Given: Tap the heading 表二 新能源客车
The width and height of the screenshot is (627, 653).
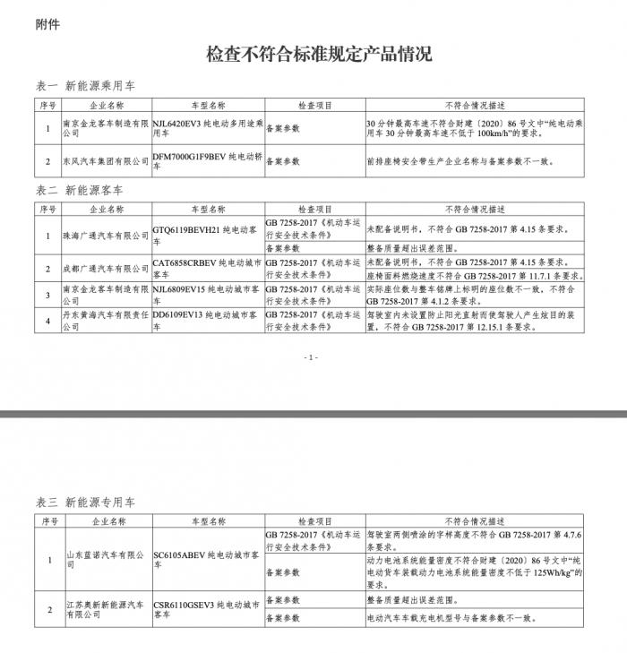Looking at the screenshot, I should pos(79,190).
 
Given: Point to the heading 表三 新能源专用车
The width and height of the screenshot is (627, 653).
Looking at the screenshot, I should pos(85,502).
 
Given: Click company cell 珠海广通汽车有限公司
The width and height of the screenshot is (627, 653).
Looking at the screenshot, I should pos(104,236).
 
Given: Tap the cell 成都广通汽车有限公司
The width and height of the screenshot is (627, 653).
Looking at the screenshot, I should pos(104,269).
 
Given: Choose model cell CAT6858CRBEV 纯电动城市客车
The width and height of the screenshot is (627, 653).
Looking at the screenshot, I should pos(207,269).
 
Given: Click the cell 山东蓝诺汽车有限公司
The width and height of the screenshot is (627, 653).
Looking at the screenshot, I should pos(104,561).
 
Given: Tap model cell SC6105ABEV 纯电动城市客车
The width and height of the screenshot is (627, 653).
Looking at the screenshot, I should pos(207,561).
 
